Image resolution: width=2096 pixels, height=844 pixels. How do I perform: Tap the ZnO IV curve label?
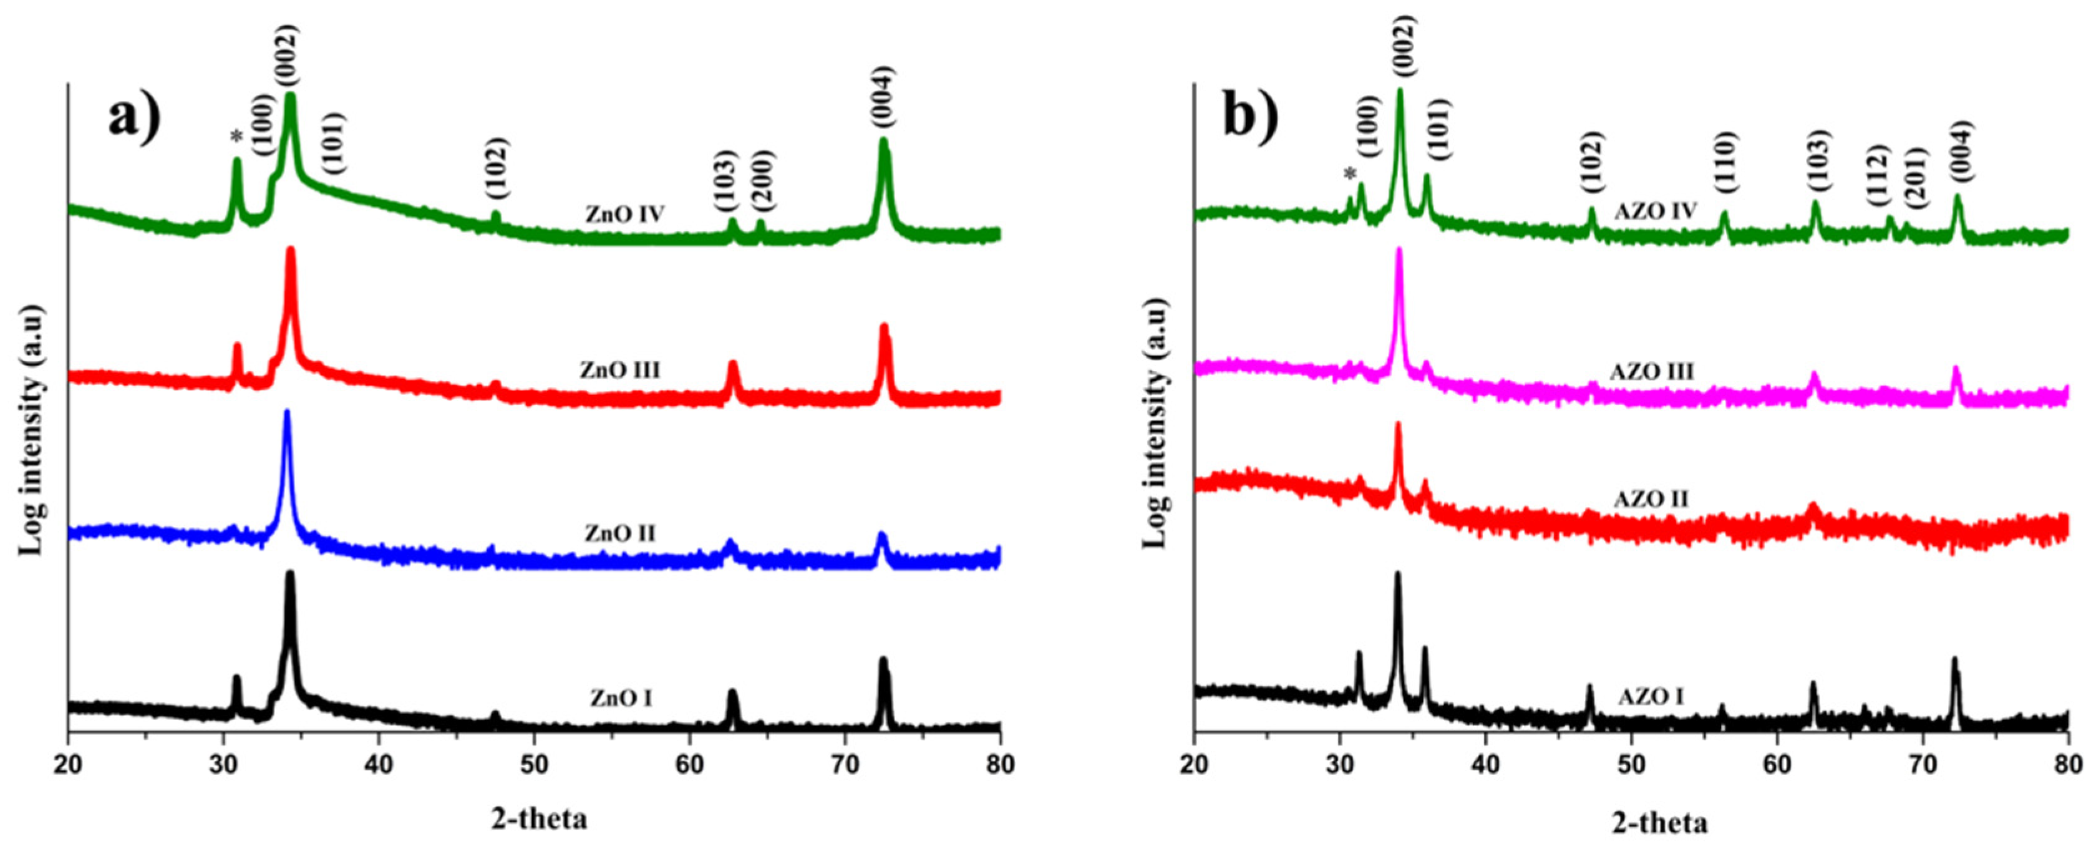(x=625, y=215)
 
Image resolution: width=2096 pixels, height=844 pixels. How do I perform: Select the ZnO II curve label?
(x=619, y=534)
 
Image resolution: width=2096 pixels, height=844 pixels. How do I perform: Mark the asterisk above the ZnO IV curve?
(x=237, y=138)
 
